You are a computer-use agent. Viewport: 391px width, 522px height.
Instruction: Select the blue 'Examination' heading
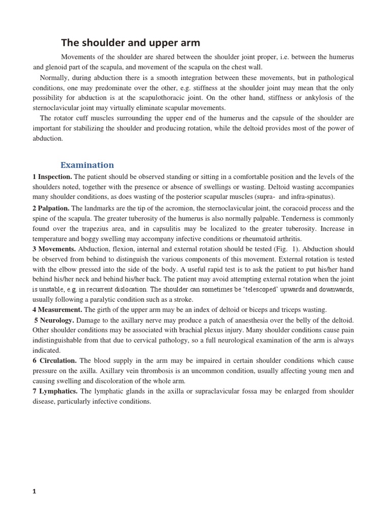pos(87,165)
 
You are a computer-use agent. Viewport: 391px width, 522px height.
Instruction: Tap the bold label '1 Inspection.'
pos(52,177)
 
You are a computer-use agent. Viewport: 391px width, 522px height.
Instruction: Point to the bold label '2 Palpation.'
pos(51,208)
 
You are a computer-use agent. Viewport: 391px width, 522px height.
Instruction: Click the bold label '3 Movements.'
pos(54,249)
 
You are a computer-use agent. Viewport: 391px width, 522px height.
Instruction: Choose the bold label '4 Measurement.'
pos(57,309)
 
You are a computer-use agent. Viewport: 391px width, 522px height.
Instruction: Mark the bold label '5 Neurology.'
pos(54,320)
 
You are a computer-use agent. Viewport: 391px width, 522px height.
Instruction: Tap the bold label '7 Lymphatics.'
pos(55,391)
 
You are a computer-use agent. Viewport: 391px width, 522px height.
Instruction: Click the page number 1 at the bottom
pos(35,491)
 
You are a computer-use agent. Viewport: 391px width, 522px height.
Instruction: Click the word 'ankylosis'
pos(310,98)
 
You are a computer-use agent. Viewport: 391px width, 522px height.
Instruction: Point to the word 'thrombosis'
pos(157,371)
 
